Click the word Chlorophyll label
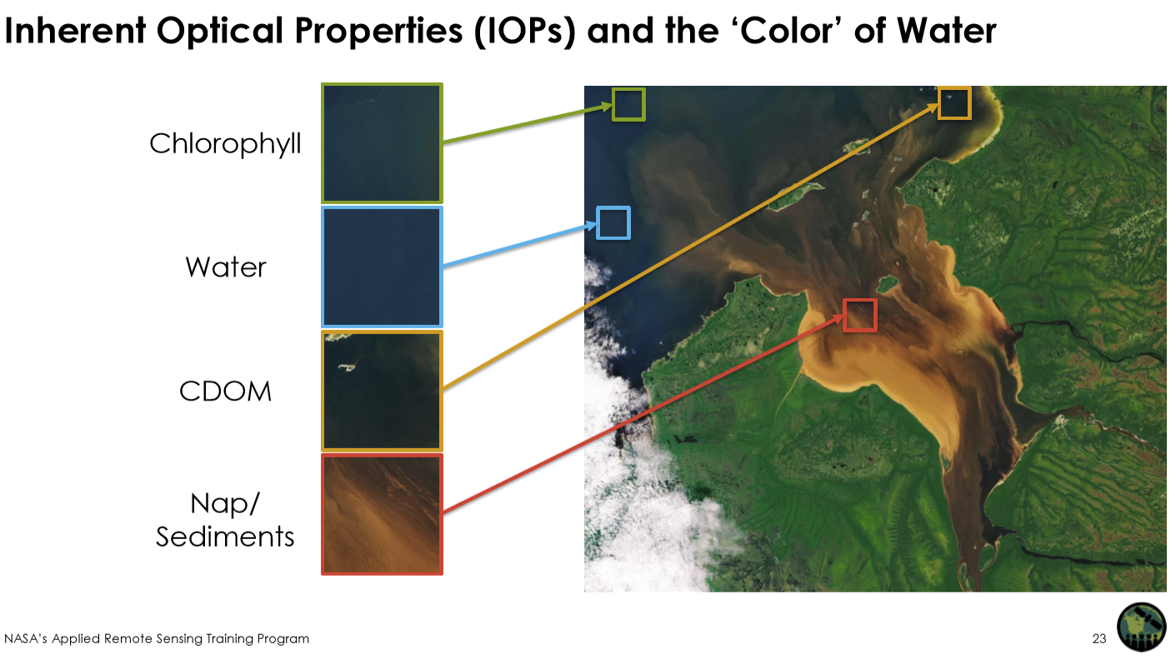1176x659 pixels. tap(225, 144)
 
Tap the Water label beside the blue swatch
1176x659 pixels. tap(226, 267)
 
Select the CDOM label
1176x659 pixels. tap(225, 392)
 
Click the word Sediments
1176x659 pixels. tap(225, 537)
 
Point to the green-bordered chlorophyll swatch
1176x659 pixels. tap(382, 143)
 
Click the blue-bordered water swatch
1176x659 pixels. tap(382, 267)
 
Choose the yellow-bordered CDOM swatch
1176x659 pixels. tap(382, 391)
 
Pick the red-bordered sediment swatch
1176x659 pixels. tap(382, 515)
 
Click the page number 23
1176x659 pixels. tap(1098, 638)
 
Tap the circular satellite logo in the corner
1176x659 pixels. tap(1141, 627)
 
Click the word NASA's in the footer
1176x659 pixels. tap(25, 638)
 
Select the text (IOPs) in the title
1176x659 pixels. tap(524, 31)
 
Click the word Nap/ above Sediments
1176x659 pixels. tap(225, 504)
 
